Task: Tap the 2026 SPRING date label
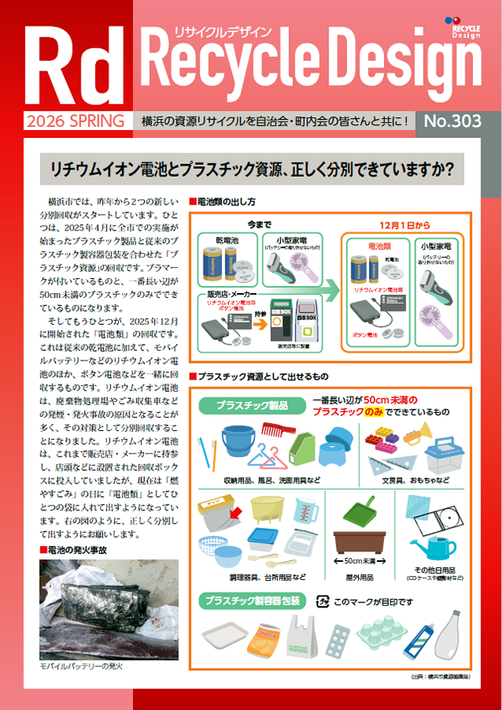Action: [75, 121]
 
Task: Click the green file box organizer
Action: [304, 449]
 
